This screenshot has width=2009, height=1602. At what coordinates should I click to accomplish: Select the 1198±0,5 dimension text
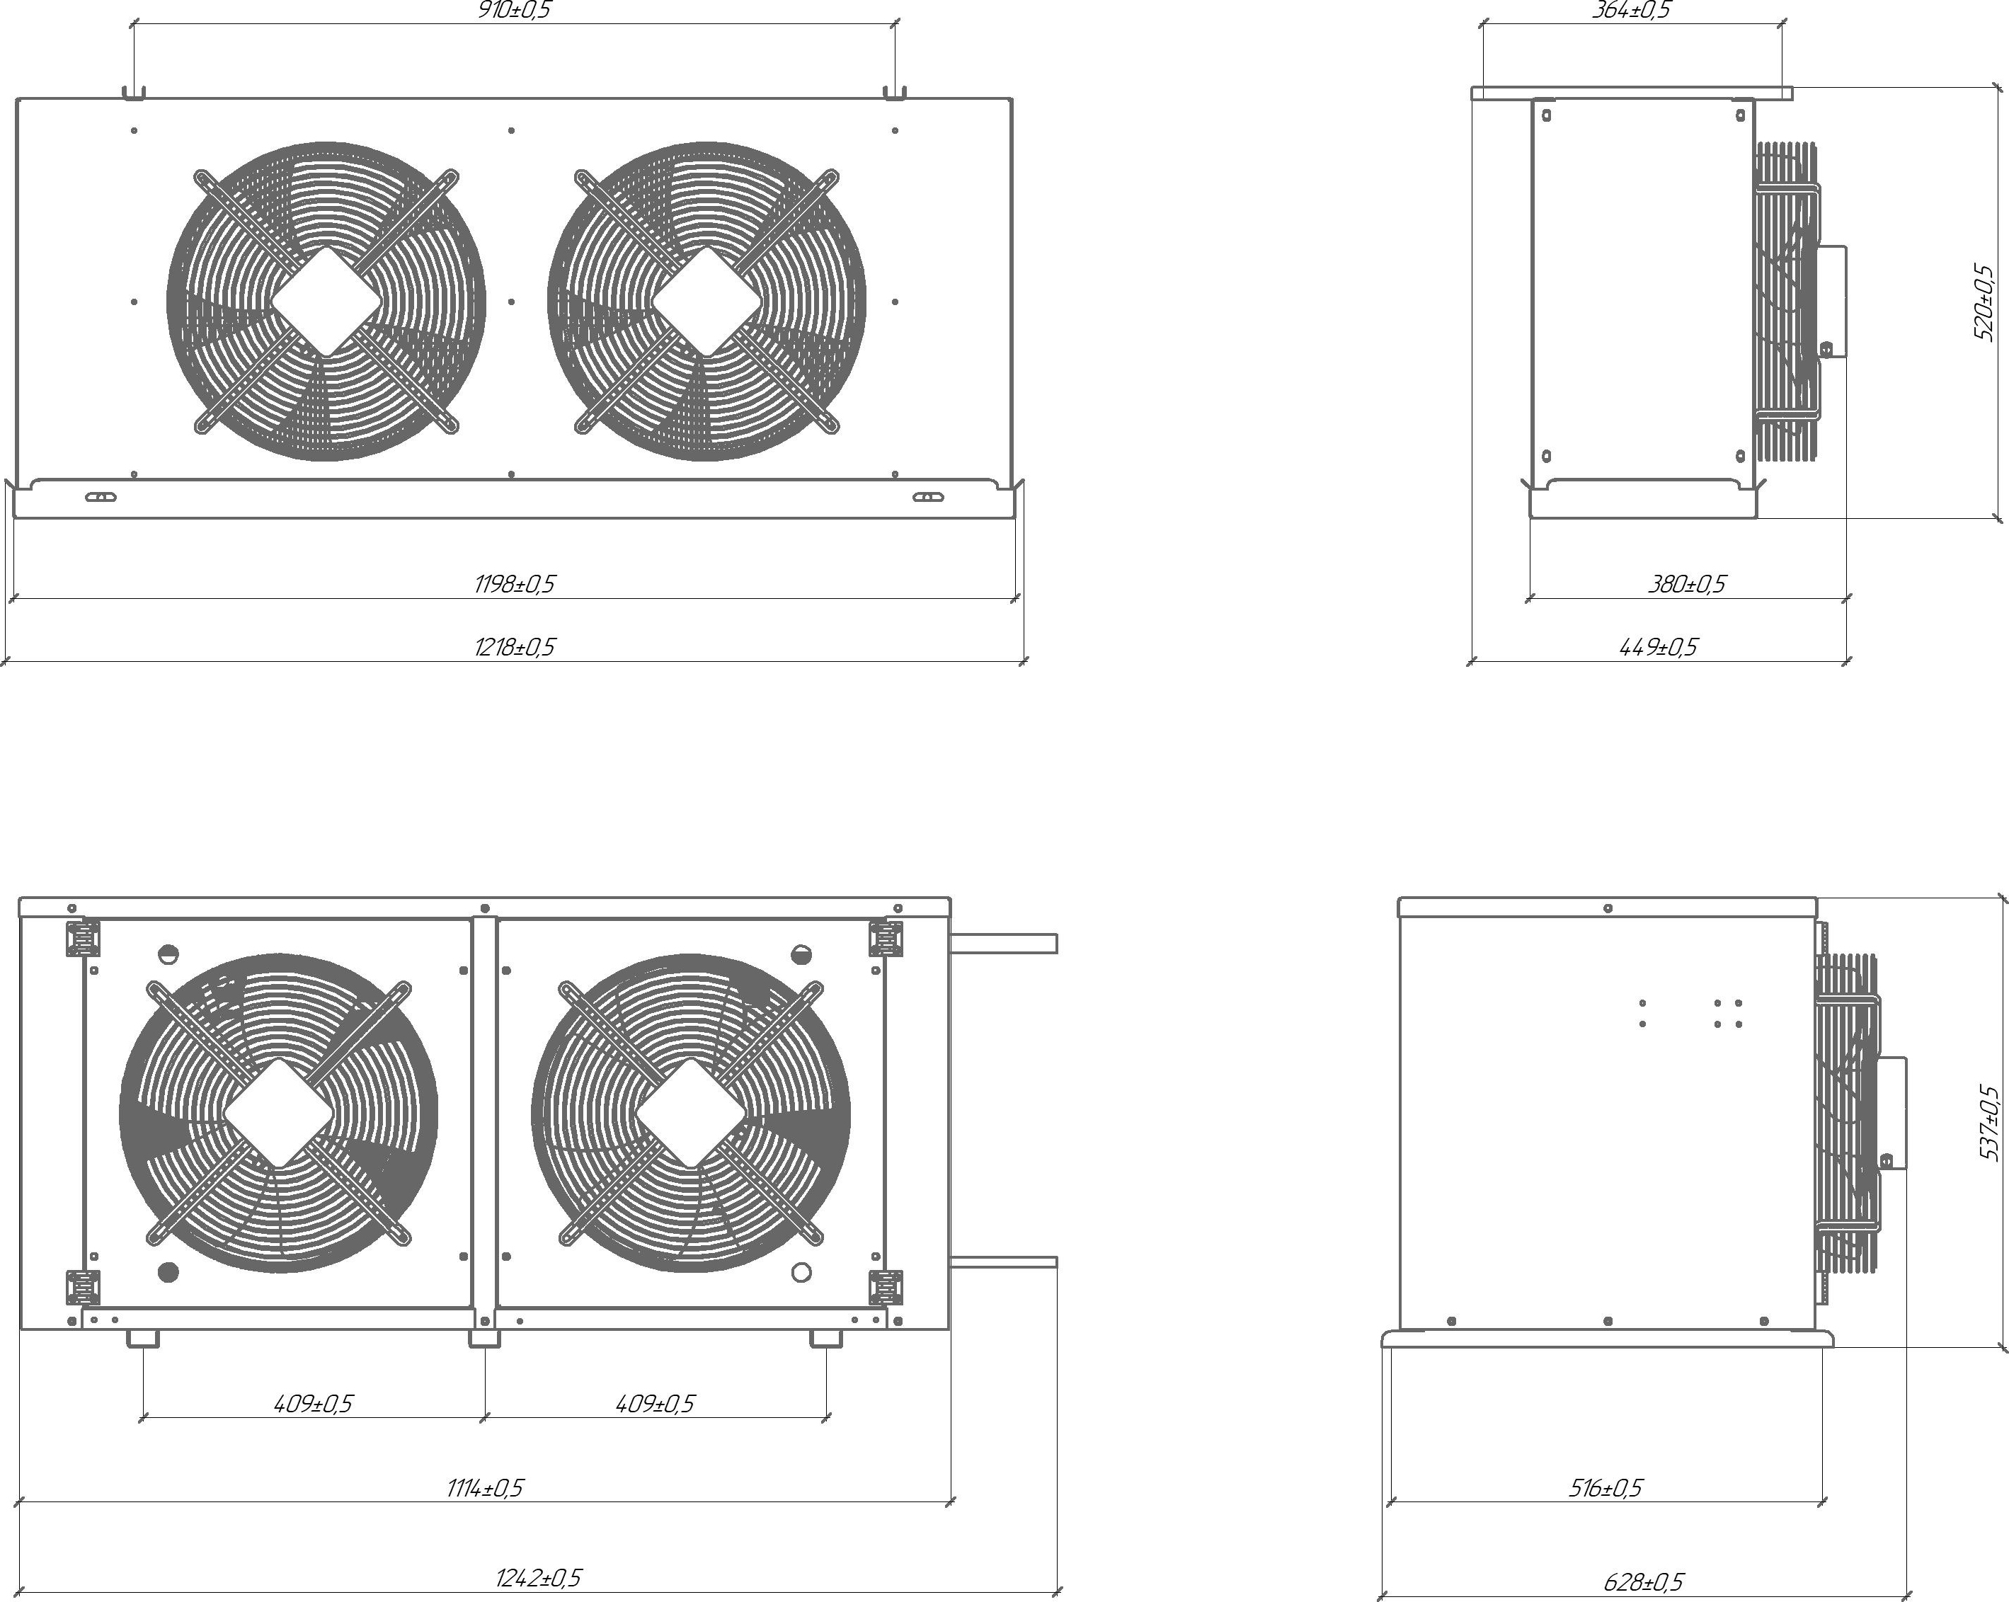pyautogui.click(x=515, y=584)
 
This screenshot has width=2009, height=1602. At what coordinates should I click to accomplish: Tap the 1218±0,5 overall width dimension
pyautogui.click(x=515, y=647)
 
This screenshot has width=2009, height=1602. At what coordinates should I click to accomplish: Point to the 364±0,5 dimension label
pyautogui.click(x=1632, y=10)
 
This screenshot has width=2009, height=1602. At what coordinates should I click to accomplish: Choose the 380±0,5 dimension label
pyautogui.click(x=1687, y=584)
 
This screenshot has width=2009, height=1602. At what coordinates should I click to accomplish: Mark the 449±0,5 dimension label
pyautogui.click(x=1659, y=647)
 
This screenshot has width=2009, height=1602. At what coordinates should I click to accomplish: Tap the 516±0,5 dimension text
pyautogui.click(x=1606, y=1488)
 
